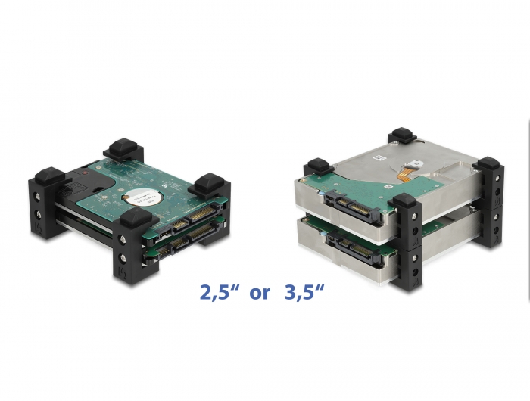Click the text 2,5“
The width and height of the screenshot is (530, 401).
coord(220,291)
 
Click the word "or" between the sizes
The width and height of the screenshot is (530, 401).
coord(260,291)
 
